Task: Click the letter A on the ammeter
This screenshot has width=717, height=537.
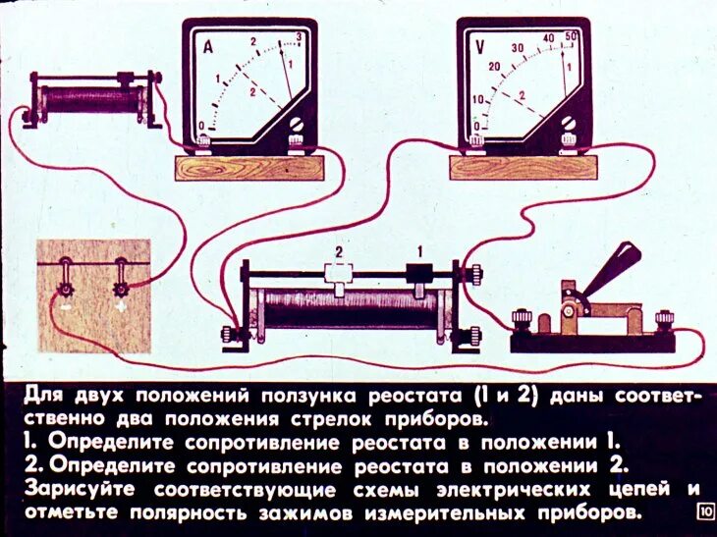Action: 208,46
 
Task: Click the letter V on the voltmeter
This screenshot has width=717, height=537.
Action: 480,45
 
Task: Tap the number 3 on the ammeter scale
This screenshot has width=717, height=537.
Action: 298,39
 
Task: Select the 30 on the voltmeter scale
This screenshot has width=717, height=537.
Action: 518,47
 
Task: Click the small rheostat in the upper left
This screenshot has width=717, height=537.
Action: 94,98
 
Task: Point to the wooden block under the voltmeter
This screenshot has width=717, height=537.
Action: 523,168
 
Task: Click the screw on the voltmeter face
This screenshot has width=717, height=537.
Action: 569,123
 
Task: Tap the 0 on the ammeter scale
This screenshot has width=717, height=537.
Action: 202,125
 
